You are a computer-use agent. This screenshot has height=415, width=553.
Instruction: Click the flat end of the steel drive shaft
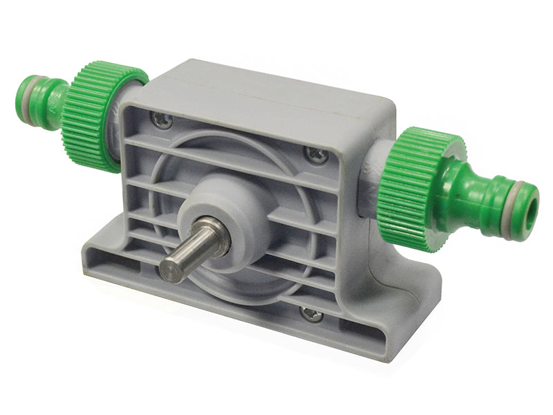pos(171,268)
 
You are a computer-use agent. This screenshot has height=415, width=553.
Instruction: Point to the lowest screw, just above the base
pos(312,315)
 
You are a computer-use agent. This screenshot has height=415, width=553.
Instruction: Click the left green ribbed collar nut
pos(97,116)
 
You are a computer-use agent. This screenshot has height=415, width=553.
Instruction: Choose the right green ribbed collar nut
pos(415,187)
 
